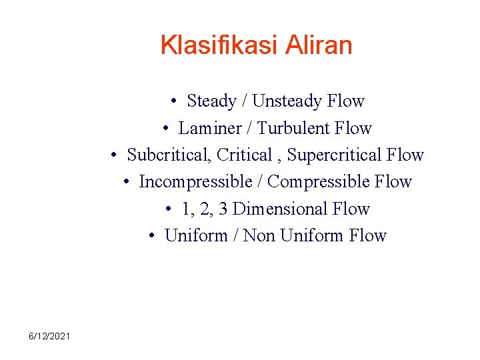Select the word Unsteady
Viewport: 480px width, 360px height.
pos(288,101)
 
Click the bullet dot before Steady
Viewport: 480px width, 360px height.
pos(173,102)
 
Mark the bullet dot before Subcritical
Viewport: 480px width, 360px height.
pos(115,155)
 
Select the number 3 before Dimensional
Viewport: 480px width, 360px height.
pos(223,209)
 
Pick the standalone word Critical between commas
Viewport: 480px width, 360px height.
pos(245,155)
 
